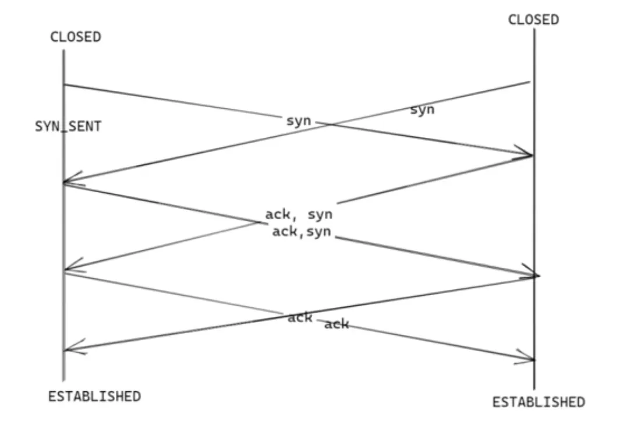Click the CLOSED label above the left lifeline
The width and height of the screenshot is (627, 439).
point(75,37)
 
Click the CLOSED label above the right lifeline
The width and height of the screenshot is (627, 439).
point(533,20)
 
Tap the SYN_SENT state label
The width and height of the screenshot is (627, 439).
point(68,126)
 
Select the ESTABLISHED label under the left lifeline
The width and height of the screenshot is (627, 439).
point(94,396)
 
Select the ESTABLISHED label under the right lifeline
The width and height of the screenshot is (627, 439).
point(539,402)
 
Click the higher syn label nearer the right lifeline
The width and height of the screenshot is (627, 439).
point(422,109)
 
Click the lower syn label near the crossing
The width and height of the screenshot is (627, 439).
point(299,121)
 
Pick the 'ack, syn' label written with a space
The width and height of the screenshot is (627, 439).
point(299,214)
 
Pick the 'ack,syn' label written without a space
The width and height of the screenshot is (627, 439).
point(302,232)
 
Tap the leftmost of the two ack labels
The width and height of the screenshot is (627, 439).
point(300,317)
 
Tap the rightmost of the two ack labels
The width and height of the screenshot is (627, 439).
point(336,324)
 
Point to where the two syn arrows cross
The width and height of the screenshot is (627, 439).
point(330,124)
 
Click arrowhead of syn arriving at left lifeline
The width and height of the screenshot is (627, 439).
point(66,182)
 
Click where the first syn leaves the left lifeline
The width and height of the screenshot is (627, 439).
point(63,85)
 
